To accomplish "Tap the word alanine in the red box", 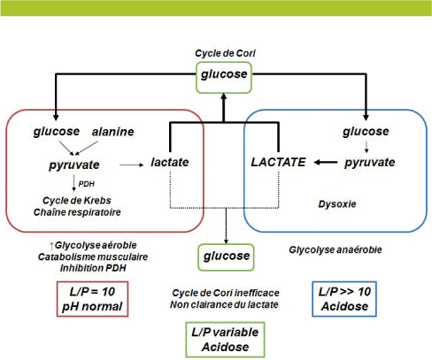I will tap(112, 132).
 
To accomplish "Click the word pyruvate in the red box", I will tap(74, 165).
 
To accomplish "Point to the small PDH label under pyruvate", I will tap(86, 183).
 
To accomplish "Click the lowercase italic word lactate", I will tap(173, 164).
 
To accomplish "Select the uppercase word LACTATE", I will tap(280, 164).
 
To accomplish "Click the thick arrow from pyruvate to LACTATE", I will tap(324, 164).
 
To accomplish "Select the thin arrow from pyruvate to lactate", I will tap(130, 164).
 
